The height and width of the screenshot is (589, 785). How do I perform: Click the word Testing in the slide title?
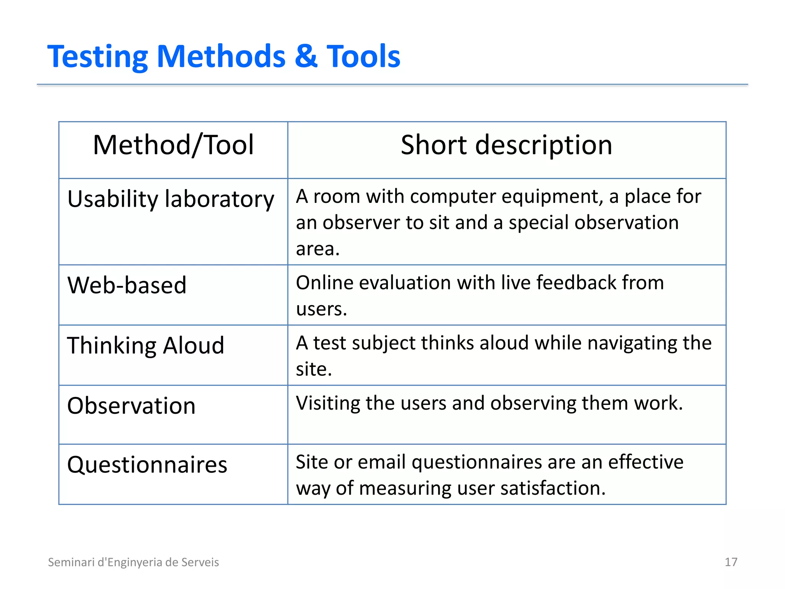(97, 57)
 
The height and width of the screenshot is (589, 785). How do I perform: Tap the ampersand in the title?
(306, 56)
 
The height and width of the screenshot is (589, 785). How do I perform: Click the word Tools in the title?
(363, 56)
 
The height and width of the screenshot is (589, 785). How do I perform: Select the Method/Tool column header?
(173, 145)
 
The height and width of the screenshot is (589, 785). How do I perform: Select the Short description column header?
(506, 145)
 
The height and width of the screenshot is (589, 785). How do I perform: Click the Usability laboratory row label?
(171, 199)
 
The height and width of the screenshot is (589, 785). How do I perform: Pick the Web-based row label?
(127, 285)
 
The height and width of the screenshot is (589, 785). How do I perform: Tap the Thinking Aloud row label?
(146, 346)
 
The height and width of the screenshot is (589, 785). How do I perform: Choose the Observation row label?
(131, 406)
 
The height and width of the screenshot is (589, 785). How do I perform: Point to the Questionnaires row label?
(147, 465)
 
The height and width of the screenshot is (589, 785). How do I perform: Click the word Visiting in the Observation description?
(328, 403)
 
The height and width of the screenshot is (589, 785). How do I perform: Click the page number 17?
(731, 562)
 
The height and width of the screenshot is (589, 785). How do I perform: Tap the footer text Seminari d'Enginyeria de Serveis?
(133, 562)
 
